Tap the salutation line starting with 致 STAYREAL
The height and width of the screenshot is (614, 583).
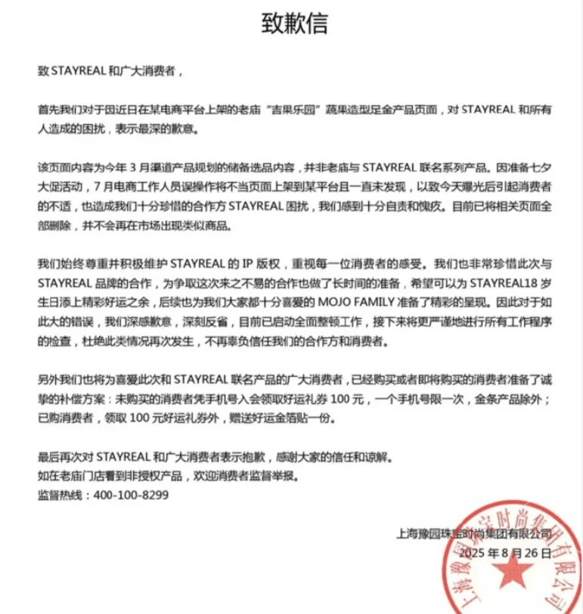110,72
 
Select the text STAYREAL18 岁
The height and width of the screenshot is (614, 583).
515,303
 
